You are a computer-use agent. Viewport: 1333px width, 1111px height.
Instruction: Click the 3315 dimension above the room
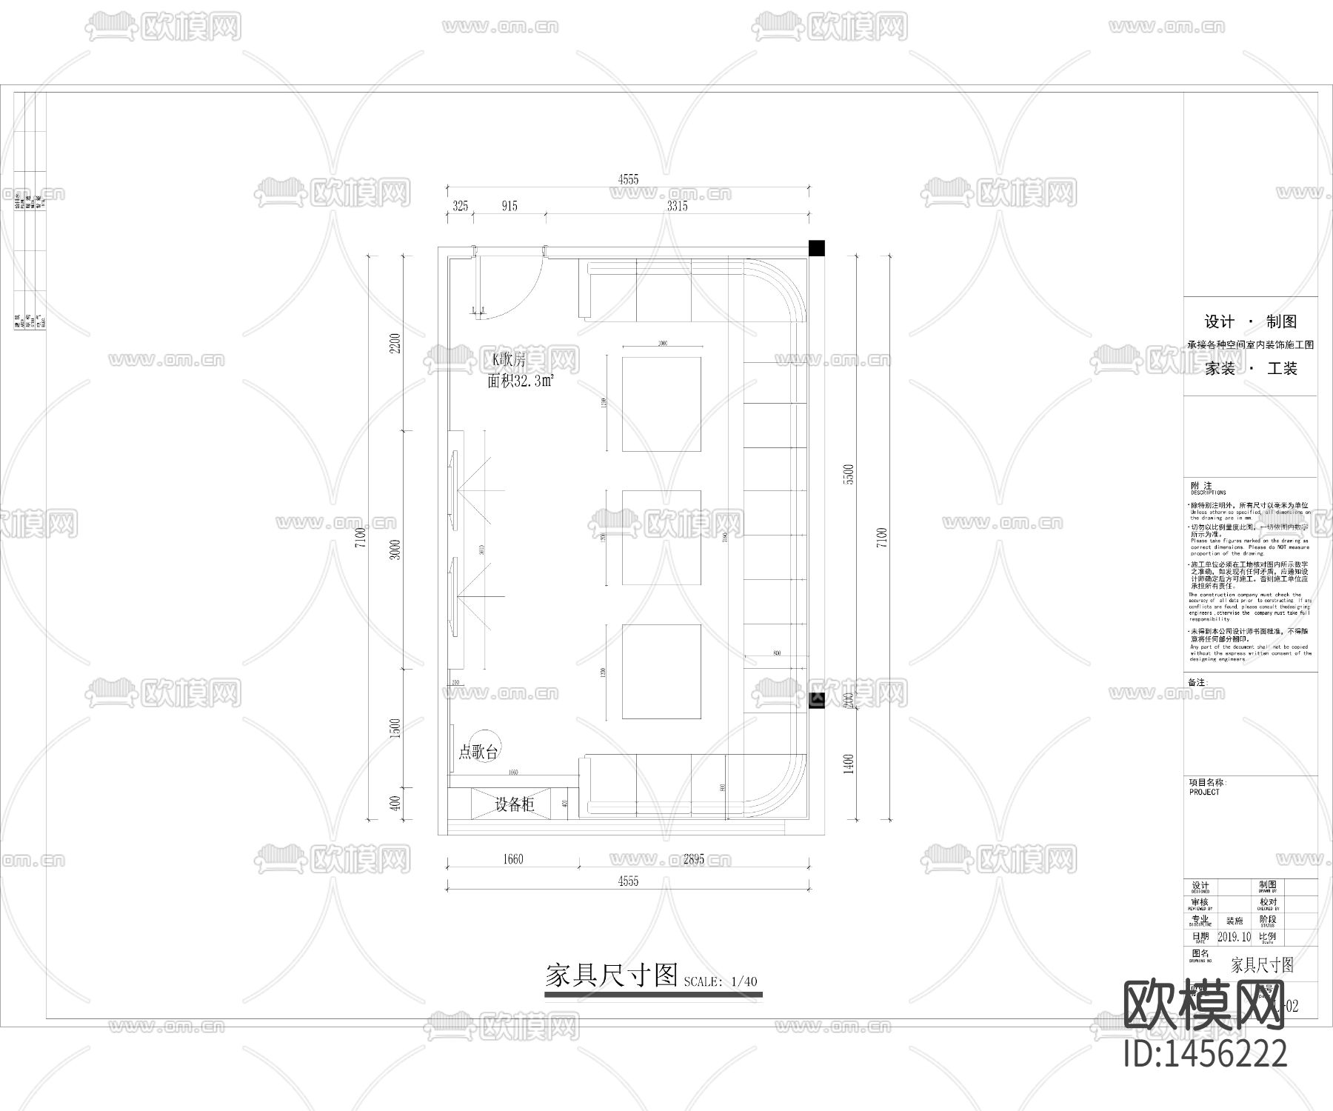click(677, 207)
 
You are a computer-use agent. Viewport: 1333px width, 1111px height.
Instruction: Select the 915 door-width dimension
click(509, 207)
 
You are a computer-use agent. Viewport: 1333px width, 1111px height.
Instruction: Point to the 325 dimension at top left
click(460, 207)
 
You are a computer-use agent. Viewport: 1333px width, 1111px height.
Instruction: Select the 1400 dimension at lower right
click(849, 764)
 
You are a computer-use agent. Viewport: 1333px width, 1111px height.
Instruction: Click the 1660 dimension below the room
click(512, 859)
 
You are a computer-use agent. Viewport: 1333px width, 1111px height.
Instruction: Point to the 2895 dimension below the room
click(693, 859)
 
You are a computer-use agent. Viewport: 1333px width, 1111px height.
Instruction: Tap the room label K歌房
click(509, 361)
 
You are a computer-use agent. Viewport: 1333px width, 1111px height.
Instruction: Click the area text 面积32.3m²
click(521, 382)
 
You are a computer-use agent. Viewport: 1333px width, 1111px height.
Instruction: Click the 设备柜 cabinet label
click(514, 804)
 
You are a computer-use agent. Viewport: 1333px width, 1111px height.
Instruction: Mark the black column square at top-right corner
click(817, 248)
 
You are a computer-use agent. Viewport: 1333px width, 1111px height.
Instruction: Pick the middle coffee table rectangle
click(661, 537)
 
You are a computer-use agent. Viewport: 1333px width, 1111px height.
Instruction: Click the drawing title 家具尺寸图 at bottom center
click(611, 975)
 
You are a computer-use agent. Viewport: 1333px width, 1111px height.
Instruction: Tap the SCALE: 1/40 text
click(721, 982)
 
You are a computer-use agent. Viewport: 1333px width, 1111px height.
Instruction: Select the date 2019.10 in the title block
click(1234, 937)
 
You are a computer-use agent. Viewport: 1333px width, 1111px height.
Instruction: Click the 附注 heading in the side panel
click(1201, 486)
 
